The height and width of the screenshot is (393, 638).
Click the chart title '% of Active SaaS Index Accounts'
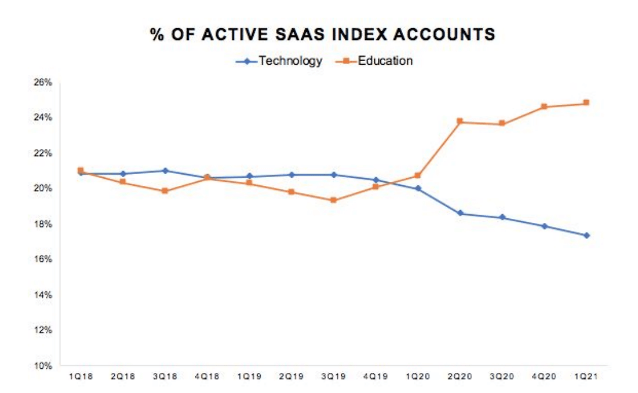click(322, 35)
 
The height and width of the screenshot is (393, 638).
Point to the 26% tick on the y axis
click(44, 82)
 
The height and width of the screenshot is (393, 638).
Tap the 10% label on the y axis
click(44, 365)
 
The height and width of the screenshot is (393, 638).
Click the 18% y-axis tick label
click(44, 224)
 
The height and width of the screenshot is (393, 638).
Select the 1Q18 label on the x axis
click(80, 375)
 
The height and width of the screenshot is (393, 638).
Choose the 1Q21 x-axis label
click(586, 375)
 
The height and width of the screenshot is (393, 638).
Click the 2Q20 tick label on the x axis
click(460, 375)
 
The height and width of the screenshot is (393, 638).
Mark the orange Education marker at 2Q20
click(460, 122)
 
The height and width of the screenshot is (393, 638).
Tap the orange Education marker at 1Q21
click(586, 103)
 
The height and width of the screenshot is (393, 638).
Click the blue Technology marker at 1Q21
click(586, 235)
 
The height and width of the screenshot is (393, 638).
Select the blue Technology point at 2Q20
click(460, 214)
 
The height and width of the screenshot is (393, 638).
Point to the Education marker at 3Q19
click(333, 200)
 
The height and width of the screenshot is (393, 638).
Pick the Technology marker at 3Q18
click(165, 171)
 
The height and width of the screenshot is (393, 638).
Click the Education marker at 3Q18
click(165, 191)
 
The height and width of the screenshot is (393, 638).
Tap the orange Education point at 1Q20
click(418, 175)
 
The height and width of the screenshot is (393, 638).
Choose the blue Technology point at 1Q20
click(418, 188)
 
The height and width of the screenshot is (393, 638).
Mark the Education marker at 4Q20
click(544, 106)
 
